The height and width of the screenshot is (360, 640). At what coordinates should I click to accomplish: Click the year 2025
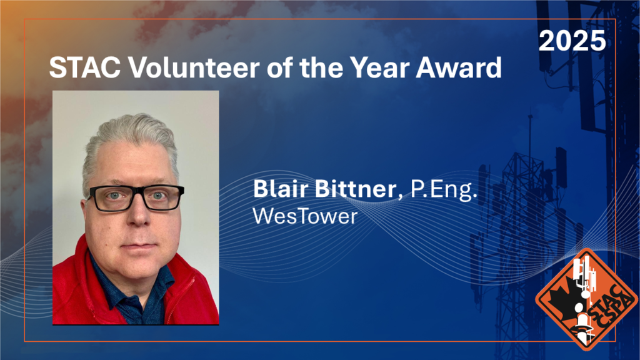click(572, 41)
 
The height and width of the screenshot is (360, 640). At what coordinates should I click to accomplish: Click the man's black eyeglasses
click(135, 197)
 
